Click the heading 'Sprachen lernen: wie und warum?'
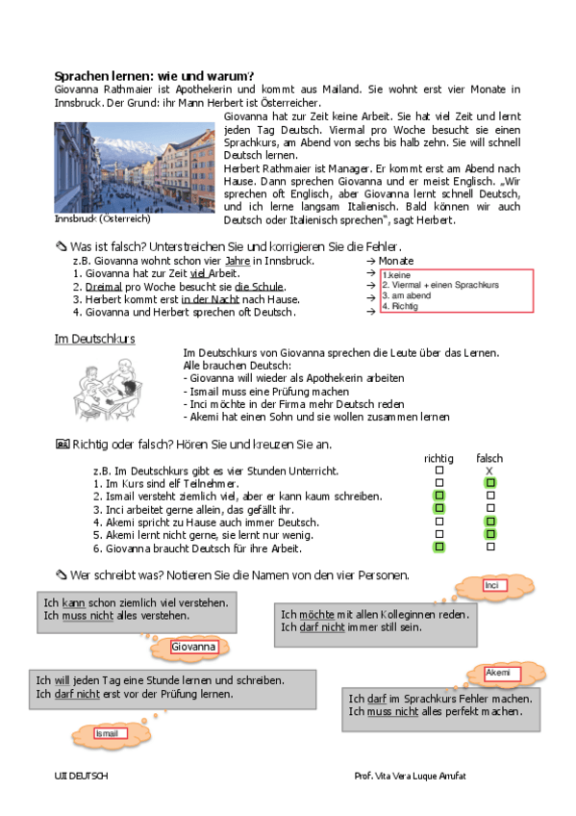(x=154, y=76)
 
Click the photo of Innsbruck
(x=135, y=166)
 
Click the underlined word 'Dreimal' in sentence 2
(x=103, y=287)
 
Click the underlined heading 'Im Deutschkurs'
(x=94, y=339)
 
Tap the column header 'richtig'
(x=438, y=458)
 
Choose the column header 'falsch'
(x=488, y=458)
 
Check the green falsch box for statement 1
(x=490, y=482)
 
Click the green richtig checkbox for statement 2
(x=439, y=496)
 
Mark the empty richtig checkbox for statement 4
(x=439, y=522)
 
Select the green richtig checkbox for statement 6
(x=439, y=548)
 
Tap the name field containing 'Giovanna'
(x=194, y=648)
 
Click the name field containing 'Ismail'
(x=108, y=733)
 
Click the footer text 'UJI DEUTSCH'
(x=82, y=775)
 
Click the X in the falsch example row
(x=488, y=471)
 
